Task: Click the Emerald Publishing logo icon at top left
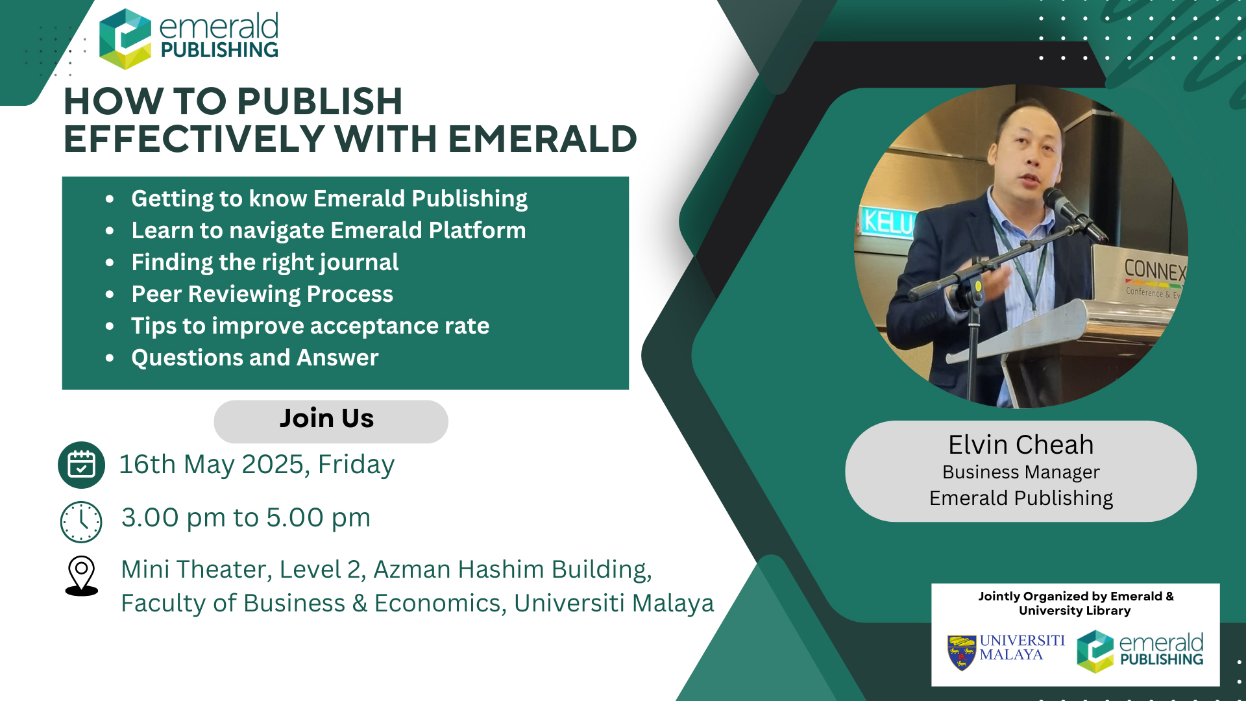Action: (x=125, y=39)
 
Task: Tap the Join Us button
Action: (x=331, y=421)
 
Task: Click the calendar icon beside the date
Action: (x=81, y=465)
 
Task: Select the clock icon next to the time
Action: (x=81, y=522)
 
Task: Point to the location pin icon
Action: (x=82, y=576)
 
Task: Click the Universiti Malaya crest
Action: (x=962, y=652)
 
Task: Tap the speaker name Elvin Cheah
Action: (x=1021, y=445)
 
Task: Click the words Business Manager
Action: (x=1021, y=472)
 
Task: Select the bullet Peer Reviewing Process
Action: (x=262, y=294)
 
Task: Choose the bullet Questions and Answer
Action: (x=255, y=358)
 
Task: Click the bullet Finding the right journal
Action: (x=265, y=262)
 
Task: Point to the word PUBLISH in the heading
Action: (x=320, y=101)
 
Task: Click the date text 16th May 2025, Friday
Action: (x=257, y=465)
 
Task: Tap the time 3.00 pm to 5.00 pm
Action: (x=246, y=518)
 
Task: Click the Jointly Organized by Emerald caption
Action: (x=1076, y=603)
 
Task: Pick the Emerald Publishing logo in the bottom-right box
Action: (x=1140, y=651)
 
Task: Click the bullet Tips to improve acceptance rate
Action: (x=310, y=326)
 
